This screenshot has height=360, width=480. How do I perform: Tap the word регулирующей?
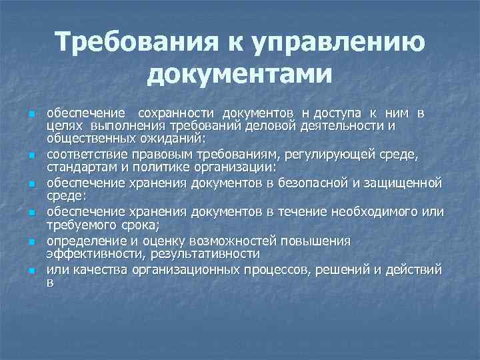(x=325, y=155)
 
